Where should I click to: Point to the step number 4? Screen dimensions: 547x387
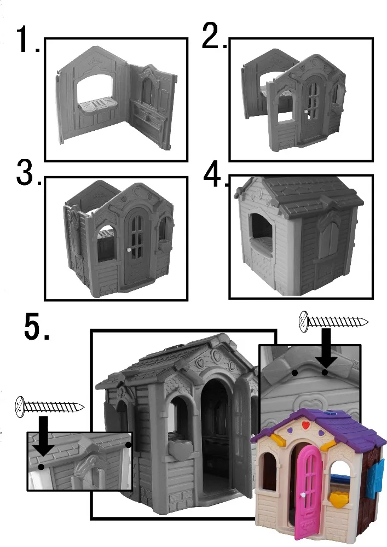click(x=215, y=174)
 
